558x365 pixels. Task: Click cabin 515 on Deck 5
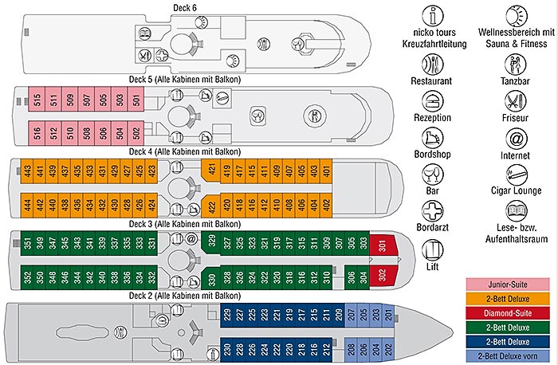(36, 101)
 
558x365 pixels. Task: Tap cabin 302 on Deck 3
(384, 277)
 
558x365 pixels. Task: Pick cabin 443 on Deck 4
(27, 171)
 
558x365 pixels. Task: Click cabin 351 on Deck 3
(27, 243)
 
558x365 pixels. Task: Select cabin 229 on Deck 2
(227, 315)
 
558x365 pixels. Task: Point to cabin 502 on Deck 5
(136, 131)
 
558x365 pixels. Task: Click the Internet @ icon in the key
(516, 138)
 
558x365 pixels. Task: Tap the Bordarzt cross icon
(431, 210)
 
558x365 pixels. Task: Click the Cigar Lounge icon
(516, 175)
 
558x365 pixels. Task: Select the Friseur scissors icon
(516, 100)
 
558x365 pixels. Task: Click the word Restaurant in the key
(431, 80)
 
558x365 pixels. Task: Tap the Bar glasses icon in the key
(431, 175)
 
